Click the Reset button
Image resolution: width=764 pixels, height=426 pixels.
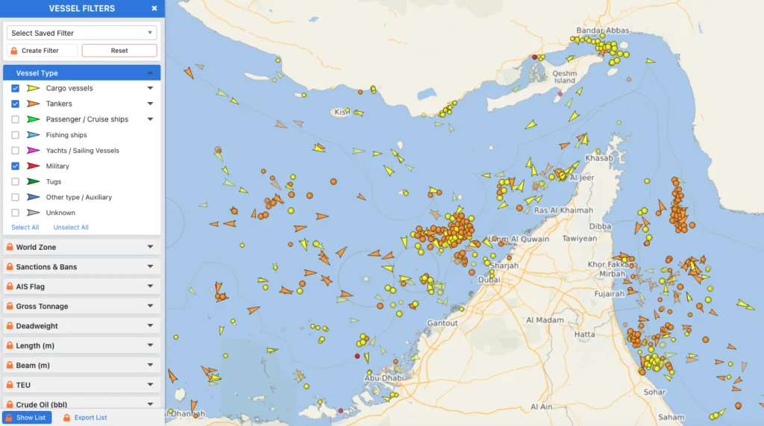(x=119, y=51)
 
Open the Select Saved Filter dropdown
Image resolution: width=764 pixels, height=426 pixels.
(x=81, y=33)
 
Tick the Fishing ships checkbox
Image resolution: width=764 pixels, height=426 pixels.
(x=15, y=135)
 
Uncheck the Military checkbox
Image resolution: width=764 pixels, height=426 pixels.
(x=15, y=166)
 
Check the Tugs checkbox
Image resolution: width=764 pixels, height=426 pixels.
(x=15, y=182)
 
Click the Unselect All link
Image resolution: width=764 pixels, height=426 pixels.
(x=71, y=228)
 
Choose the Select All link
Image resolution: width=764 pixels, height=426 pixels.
(x=25, y=228)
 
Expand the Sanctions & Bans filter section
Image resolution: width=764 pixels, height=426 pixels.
(x=81, y=266)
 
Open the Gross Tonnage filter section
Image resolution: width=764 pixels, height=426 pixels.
(x=81, y=306)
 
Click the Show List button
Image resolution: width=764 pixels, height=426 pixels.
(x=28, y=417)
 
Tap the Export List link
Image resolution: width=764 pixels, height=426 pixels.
(x=90, y=418)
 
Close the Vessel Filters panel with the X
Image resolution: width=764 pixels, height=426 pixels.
(x=154, y=8)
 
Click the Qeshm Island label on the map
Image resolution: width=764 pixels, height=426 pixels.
(x=565, y=77)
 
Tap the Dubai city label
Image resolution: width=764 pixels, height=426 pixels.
(x=489, y=279)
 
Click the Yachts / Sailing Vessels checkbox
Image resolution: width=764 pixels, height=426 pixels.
(x=15, y=151)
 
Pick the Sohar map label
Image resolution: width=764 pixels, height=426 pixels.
(x=654, y=392)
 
